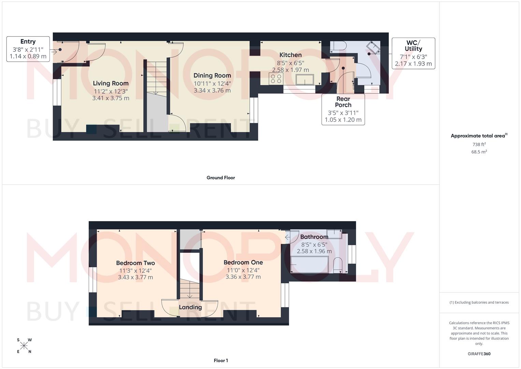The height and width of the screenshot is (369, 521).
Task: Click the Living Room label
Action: coord(111,83)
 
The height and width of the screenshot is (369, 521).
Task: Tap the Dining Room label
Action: coord(212,76)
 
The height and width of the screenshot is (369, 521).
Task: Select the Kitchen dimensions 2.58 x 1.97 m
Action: coord(290,70)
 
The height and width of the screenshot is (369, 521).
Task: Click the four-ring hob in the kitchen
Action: coord(276,79)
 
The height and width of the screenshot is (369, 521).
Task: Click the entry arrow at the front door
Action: coord(54,52)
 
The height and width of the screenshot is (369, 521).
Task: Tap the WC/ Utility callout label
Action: coord(413,46)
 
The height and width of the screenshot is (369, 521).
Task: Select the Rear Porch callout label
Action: coord(343,102)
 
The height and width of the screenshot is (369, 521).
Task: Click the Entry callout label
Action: coord(28,41)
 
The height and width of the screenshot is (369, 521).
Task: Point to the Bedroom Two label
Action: coord(135,263)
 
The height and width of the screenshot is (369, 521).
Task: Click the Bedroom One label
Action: coord(243,262)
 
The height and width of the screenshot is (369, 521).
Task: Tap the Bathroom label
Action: coord(314,237)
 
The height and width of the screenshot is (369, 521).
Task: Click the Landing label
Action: coord(190,307)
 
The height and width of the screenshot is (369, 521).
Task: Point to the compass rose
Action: coord(24,346)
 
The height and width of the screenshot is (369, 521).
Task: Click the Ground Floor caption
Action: coord(221,178)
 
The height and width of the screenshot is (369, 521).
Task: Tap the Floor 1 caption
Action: coord(221,360)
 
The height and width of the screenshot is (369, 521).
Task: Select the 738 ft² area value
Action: coord(479,145)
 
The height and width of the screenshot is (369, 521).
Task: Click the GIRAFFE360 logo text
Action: coord(479,354)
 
